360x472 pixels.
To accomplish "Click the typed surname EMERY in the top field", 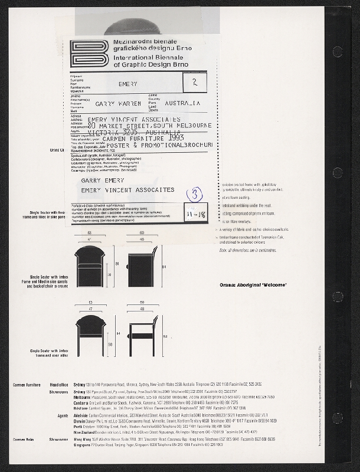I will click(128, 84).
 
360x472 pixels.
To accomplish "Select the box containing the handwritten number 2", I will click(194, 84).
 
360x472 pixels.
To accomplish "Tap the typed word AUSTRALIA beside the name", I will click(182, 103).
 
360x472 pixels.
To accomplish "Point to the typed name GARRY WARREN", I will click(118, 103).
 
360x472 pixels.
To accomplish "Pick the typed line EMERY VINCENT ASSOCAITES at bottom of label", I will click(127, 190).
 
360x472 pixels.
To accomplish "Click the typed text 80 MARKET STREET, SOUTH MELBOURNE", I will click(149, 126).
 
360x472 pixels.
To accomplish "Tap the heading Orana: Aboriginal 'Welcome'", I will click(253, 285).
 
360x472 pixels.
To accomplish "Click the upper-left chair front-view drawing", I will click(90, 267).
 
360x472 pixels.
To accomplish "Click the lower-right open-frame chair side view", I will click(143, 336).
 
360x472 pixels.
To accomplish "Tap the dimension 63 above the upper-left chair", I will click(89, 233).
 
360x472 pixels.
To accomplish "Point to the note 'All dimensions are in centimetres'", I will click(248, 250).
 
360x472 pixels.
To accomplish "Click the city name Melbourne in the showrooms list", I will click(78, 397).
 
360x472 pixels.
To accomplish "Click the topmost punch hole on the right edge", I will click(338, 51).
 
